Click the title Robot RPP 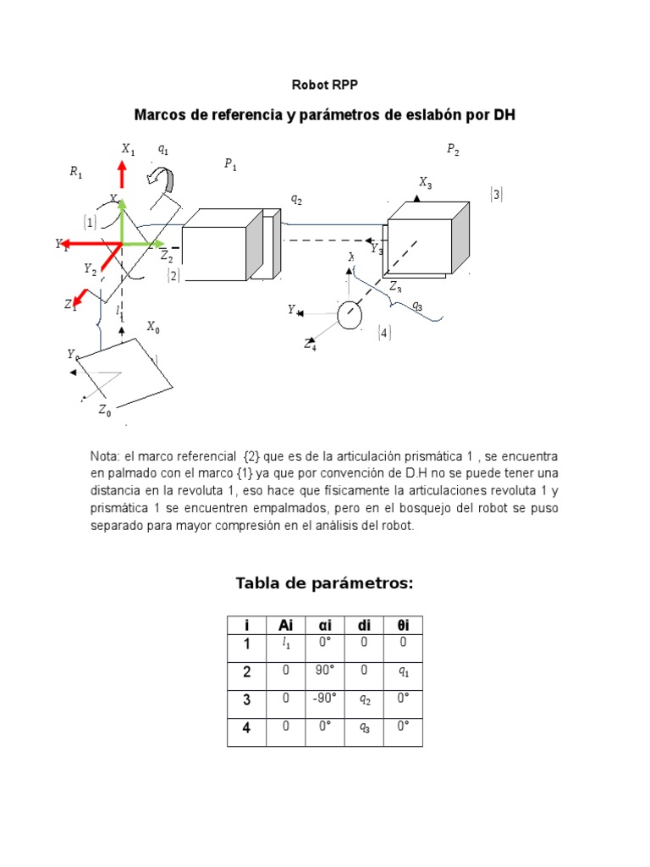pos(325,85)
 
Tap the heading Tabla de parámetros pos(324,583)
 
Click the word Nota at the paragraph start pos(105,456)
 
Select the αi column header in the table pos(324,625)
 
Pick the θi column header pos(403,625)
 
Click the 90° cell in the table pos(324,671)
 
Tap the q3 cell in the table pos(364,727)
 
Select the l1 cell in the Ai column pos(285,644)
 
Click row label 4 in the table pos(246,728)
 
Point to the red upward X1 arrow pos(122,174)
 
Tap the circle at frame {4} pos(350,315)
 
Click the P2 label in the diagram pos(453,150)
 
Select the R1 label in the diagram pos(76,173)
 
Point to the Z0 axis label pos(104,411)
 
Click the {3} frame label pos(496,195)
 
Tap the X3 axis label pos(425,182)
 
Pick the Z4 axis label pos(311,344)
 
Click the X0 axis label pos(152,327)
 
